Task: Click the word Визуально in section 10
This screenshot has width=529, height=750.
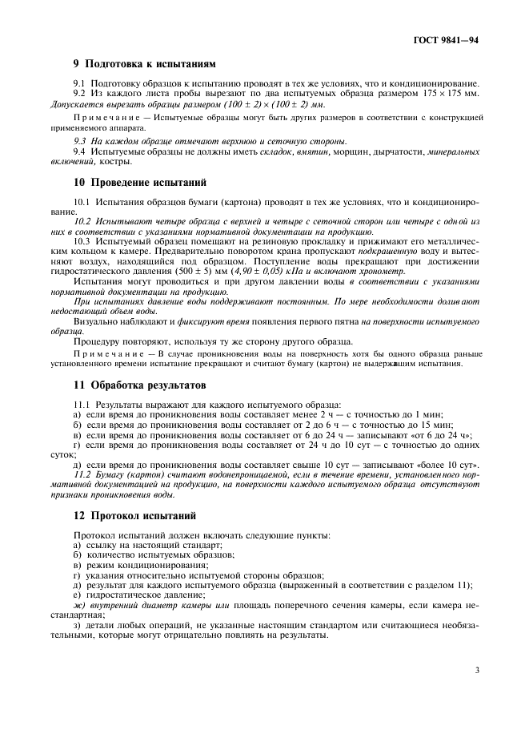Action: pos(95,321)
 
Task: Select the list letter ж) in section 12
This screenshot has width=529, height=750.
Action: pos(78,606)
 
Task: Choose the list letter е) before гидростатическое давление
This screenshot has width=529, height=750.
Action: pos(77,595)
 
